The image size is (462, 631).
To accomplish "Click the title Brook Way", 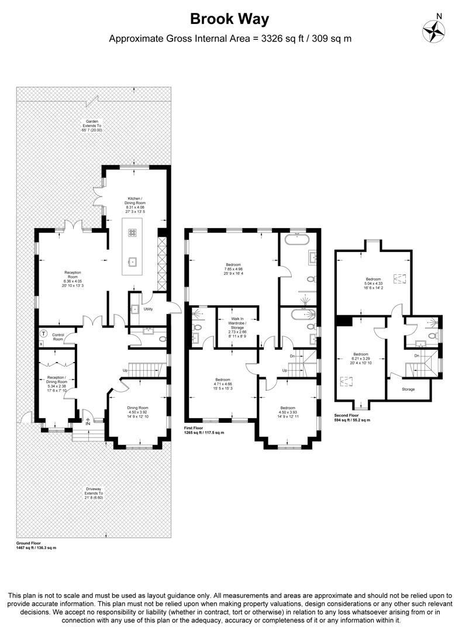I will pos(230,19).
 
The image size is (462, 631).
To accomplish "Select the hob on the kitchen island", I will pos(132,232).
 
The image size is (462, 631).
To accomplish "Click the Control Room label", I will pos(57,337).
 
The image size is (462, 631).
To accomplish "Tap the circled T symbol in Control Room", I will pos(43,333).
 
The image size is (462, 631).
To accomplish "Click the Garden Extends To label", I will pos(91,125).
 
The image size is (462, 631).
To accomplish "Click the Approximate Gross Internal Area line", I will pos(230,39).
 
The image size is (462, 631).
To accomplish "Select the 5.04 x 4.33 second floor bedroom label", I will pos(373,284).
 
